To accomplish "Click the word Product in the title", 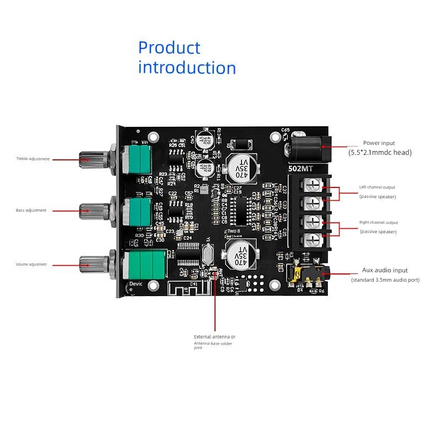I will coord(169,48).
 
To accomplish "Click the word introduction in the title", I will coord(187,68).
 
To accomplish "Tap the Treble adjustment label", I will coord(33,159).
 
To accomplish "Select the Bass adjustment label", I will coord(31,210).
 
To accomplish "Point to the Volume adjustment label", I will coord(31,264).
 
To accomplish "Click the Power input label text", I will coord(379,143).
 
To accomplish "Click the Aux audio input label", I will coord(385,270).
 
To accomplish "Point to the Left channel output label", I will coord(378,187).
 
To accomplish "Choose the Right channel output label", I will coord(378,223).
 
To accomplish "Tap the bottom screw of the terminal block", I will coord(312,239).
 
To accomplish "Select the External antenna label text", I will coord(214,336).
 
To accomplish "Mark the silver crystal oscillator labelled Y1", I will coord(206,255).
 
